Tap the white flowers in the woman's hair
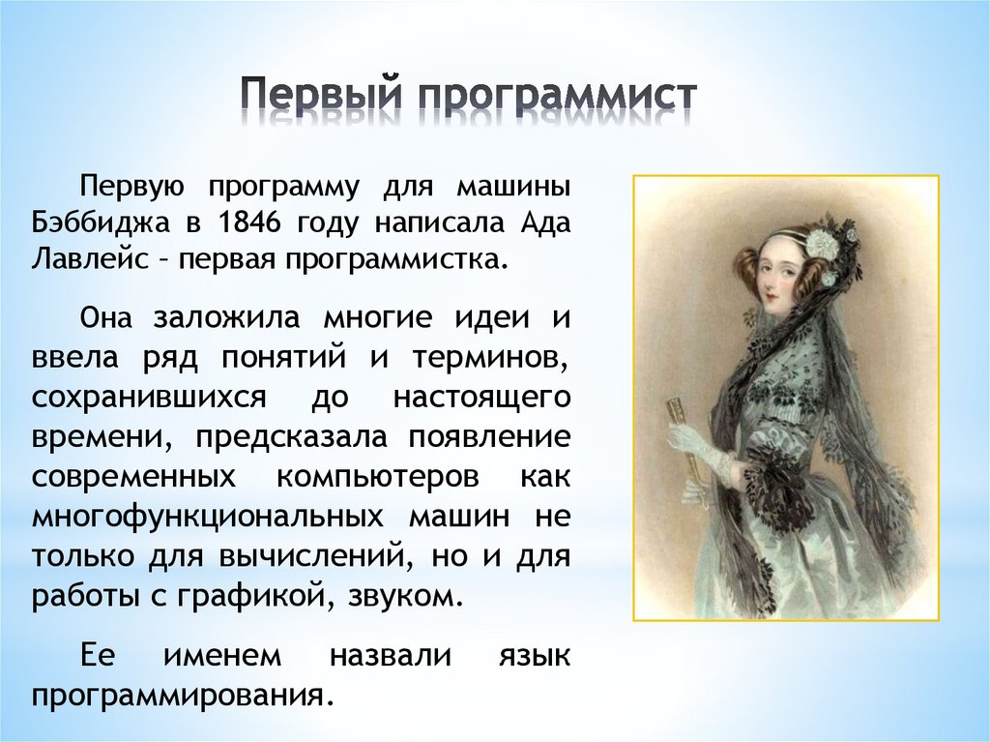pyautogui.click(x=822, y=241)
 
